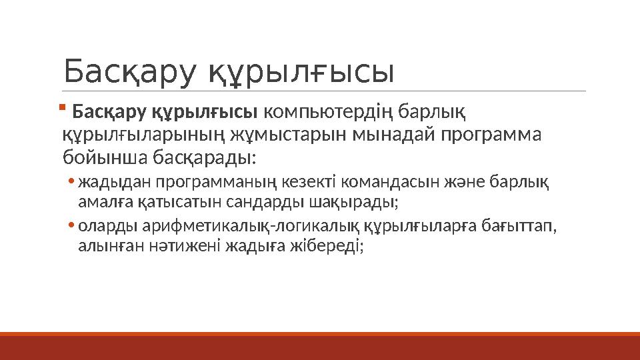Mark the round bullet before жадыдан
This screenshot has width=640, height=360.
[71, 181]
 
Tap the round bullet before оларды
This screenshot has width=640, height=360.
[71, 227]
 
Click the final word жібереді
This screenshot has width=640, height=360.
[337, 245]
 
